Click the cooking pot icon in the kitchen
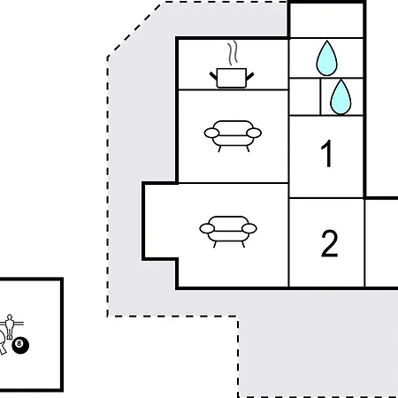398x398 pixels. [232, 78]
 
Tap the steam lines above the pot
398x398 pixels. [233, 53]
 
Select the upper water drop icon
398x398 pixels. [326, 58]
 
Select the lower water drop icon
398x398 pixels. [341, 97]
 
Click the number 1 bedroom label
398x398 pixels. [326, 154]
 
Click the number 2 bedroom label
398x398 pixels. [329, 243]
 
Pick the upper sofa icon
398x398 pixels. [233, 136]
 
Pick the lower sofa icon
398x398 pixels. [228, 232]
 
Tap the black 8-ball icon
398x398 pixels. [20, 345]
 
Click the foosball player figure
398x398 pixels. [10, 326]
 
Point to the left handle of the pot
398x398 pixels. [213, 76]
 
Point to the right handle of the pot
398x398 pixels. [249, 76]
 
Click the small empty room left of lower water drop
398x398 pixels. [305, 96]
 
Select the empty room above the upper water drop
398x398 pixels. [326, 20]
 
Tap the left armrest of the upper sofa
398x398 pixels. [211, 133]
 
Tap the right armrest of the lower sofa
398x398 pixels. [249, 228]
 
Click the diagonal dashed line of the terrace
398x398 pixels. [135, 29]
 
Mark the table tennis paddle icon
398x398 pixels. [3, 341]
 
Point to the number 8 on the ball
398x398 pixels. [19, 343]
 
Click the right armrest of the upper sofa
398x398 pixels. [254, 133]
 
